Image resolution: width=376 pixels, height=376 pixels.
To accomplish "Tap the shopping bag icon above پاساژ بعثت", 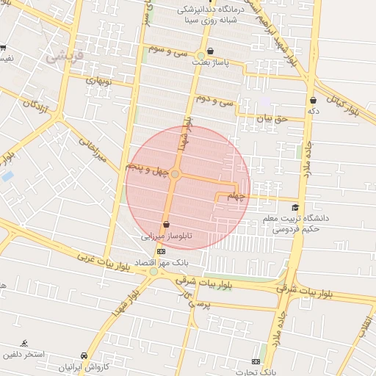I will click(x=211, y=51).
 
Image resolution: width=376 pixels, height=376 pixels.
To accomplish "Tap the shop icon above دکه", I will click(x=314, y=100).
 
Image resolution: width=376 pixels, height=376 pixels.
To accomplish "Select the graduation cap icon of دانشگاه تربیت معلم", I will click(x=295, y=208).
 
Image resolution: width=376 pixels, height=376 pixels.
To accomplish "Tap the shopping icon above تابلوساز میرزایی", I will click(x=166, y=225).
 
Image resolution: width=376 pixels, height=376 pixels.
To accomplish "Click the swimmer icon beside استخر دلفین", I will click(x=24, y=343).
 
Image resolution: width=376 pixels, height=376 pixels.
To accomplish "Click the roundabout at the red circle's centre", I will click(x=176, y=174).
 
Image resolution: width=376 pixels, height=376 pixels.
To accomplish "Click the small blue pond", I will click(x=7, y=176).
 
